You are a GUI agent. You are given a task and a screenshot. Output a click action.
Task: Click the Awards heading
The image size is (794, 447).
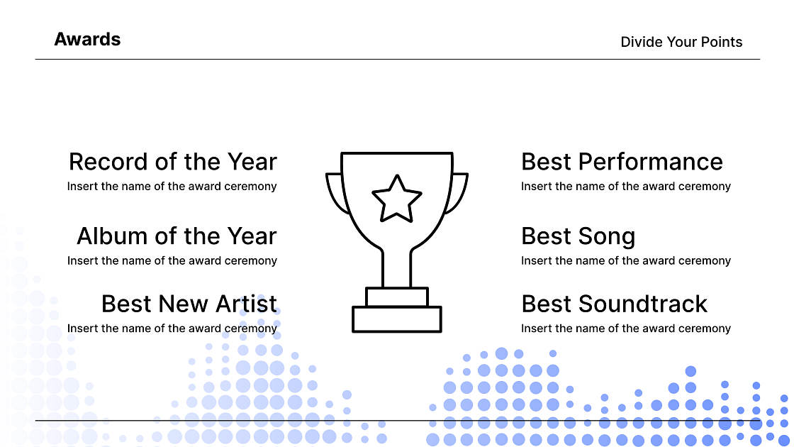[x=87, y=40]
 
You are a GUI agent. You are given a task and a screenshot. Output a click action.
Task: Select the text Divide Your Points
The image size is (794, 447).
[x=681, y=42]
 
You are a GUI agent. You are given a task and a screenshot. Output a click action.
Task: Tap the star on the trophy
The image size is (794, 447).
[x=397, y=198]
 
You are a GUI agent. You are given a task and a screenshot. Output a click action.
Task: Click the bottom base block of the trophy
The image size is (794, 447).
[x=397, y=319]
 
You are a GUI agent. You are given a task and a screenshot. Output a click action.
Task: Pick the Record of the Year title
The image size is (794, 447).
[x=172, y=162]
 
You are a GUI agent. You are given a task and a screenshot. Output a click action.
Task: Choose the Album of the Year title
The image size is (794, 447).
[x=177, y=236]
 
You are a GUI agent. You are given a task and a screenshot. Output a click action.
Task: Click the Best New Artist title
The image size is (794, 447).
[x=189, y=304]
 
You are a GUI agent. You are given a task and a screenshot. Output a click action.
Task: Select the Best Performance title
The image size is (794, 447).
[x=622, y=162]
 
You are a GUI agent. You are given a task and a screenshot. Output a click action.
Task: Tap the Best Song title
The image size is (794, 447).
[x=578, y=236]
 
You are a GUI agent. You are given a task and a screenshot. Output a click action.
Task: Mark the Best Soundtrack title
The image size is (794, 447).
[x=614, y=304]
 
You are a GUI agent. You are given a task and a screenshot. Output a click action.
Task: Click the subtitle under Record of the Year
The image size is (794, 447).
[x=172, y=187]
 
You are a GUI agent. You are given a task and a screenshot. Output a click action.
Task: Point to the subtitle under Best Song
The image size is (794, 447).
[x=625, y=261]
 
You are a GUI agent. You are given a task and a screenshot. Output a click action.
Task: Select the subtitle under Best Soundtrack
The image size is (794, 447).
[x=625, y=329]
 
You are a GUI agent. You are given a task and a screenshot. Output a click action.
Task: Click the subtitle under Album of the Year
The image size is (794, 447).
[x=172, y=261]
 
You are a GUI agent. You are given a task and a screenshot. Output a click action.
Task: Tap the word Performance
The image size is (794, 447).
[x=651, y=162]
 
